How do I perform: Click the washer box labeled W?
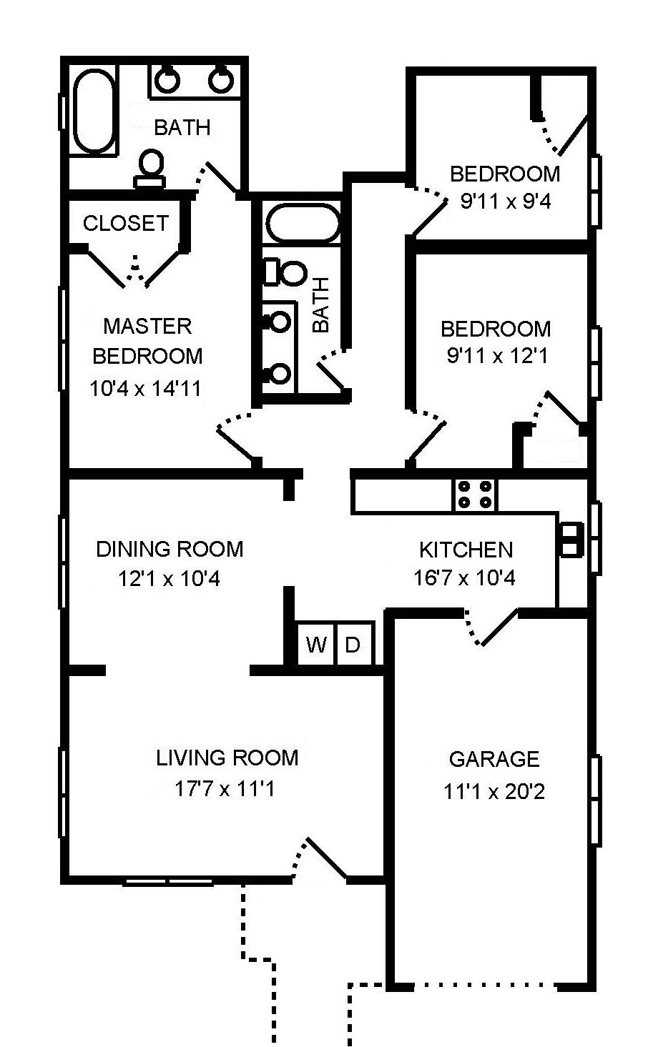click(317, 644)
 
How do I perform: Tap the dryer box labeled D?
click(355, 644)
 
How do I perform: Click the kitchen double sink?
click(571, 540)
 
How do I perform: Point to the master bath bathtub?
click(94, 110)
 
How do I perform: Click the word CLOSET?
click(126, 223)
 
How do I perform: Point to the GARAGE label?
click(494, 759)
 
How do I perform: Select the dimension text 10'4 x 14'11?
click(145, 388)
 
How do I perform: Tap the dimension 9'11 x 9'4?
click(506, 202)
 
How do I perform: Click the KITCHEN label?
click(466, 550)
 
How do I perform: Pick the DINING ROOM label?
click(170, 549)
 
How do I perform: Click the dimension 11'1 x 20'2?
click(494, 792)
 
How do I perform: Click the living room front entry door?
click(319, 858)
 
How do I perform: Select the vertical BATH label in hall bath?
click(321, 304)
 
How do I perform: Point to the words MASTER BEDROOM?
click(147, 341)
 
